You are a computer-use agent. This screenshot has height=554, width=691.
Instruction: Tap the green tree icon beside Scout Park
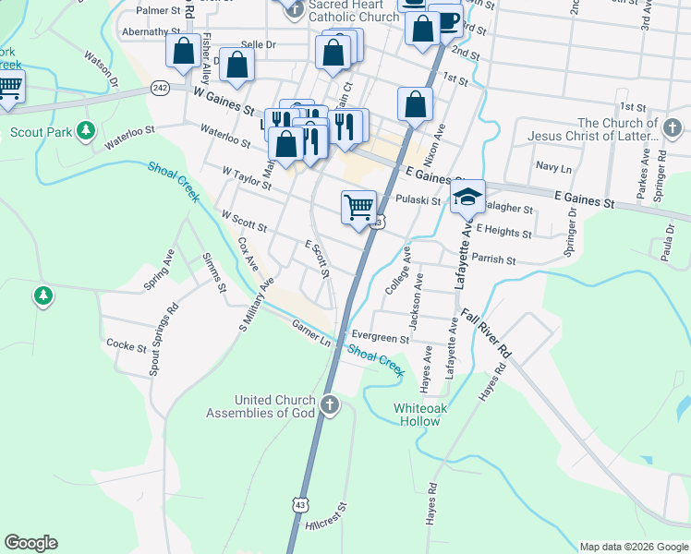(x=86, y=131)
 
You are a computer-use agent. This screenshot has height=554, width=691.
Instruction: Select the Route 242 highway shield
(x=161, y=88)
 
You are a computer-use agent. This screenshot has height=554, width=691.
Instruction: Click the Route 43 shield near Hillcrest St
(x=299, y=504)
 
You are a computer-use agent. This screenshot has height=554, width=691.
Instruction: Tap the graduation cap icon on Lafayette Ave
(x=468, y=196)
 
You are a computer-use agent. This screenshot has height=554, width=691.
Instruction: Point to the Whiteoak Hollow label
(x=425, y=414)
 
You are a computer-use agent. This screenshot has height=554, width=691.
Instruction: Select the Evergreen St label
(x=379, y=339)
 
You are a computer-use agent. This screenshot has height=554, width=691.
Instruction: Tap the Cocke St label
(x=127, y=346)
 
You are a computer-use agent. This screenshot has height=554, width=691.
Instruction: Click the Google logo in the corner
(x=30, y=543)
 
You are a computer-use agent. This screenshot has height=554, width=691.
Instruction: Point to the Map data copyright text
(x=634, y=547)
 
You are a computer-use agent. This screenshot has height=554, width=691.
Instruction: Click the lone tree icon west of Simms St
(x=42, y=295)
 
